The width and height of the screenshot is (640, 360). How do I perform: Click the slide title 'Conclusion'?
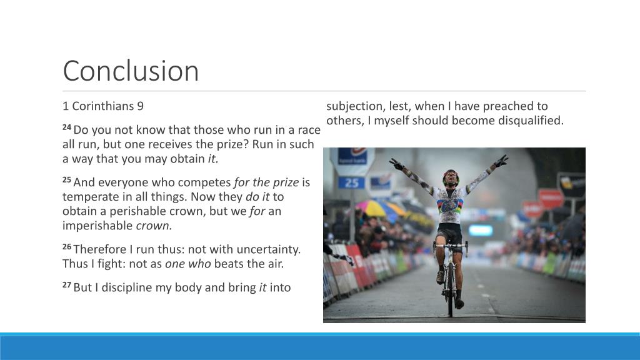click(x=131, y=71)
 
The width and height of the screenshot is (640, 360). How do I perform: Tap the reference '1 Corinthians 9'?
click(x=103, y=106)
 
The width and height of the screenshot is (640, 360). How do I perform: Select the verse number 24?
click(x=67, y=127)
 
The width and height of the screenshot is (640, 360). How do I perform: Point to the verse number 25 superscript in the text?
click(x=67, y=179)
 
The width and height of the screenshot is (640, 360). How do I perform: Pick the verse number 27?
click(x=67, y=285)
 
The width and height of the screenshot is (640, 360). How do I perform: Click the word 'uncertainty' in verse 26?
click(x=269, y=249)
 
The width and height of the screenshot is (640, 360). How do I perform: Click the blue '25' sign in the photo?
click(x=351, y=182)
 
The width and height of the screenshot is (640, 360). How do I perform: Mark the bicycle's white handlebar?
click(x=450, y=244)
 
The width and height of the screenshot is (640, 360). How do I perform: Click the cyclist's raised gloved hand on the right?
click(x=501, y=162)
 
